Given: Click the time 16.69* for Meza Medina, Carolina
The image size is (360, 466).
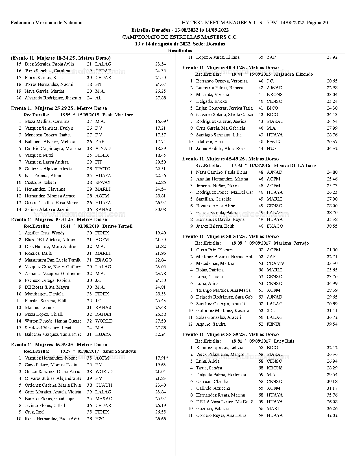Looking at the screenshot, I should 162,121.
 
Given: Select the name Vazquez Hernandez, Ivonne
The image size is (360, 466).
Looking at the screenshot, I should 51,358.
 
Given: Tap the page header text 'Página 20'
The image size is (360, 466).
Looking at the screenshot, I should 317,23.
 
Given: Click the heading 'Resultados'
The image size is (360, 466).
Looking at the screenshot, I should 180,51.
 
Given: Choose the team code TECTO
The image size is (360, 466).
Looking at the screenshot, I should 103,169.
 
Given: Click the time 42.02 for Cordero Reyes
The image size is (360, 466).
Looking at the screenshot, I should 332,415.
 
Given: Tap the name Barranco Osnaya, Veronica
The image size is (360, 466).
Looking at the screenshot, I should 222,81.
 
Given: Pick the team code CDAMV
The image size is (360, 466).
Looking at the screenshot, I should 275,264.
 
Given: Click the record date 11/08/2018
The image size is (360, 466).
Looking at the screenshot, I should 260,166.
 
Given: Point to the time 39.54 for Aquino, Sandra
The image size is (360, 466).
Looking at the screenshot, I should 332,324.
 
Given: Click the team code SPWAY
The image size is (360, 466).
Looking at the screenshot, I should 103,182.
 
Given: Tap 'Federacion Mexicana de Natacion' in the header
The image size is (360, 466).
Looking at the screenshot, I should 47,23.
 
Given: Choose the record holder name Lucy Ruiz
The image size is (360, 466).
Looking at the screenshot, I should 284,341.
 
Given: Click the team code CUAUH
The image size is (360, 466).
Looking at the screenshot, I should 104,385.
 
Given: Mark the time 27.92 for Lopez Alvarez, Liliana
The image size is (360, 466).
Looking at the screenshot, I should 332,57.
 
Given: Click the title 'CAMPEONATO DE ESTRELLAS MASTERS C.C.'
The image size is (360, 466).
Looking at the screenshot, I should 180,37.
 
